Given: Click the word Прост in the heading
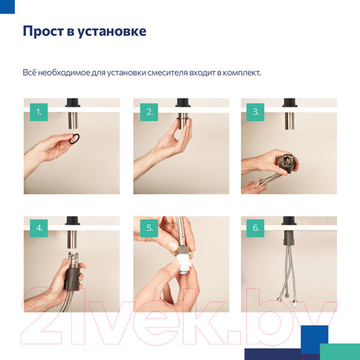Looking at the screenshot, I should coord(42,31).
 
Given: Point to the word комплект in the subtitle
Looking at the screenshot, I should coord(241,73).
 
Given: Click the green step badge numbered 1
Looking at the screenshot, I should coord(39,112).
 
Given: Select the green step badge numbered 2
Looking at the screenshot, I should coord(149,112).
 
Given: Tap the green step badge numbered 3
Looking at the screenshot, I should coord(256,112).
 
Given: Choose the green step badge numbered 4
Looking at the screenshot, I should coord(39,229).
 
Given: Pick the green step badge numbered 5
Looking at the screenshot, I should coord(149,229).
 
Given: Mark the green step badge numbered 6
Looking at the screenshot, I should coord(256,229).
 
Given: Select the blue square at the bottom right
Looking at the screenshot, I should coord(314,339).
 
